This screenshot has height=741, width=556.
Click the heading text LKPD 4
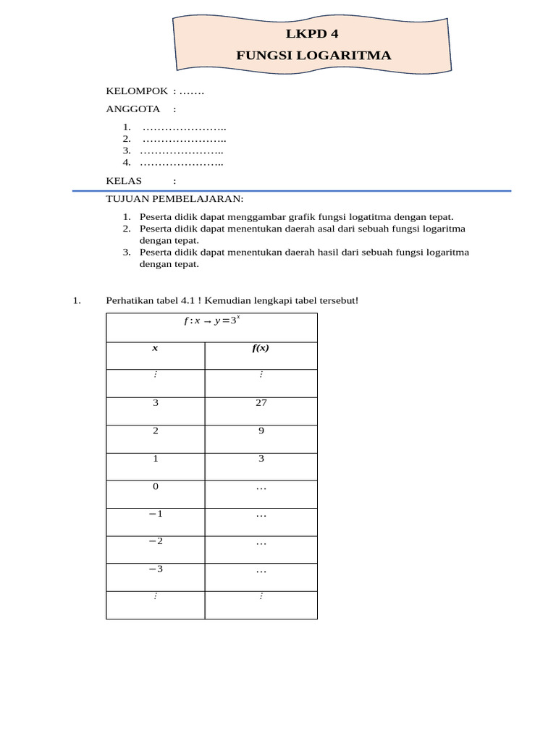coord(312,33)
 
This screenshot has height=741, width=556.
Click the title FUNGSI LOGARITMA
coord(313,55)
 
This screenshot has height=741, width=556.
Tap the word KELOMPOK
coord(137,90)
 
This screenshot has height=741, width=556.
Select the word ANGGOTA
coord(132,109)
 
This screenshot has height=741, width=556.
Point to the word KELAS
coord(124,180)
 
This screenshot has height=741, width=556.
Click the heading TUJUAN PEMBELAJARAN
coord(174,198)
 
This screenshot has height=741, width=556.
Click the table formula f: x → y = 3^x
coord(211,321)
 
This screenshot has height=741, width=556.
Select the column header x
coord(155,348)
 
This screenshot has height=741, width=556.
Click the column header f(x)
coord(261,348)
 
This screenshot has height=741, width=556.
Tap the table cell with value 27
coord(261,403)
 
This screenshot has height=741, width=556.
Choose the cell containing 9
coord(261,431)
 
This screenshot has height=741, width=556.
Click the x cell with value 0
coord(155,486)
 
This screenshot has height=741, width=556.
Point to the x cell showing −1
coord(155,514)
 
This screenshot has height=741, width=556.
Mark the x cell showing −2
coord(155,541)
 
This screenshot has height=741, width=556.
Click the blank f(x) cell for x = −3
coord(261,569)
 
